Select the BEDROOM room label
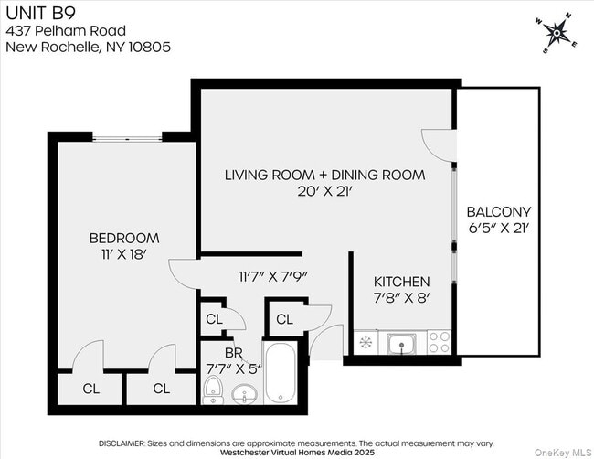tap(124, 239)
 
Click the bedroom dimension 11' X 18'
tap(124, 255)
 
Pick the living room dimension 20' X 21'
tap(324, 191)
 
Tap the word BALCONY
tap(498, 211)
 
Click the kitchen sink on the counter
tap(400, 344)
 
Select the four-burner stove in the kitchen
tap(440, 343)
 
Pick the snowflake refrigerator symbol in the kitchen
tap(365, 344)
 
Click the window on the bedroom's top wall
tap(127, 137)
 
